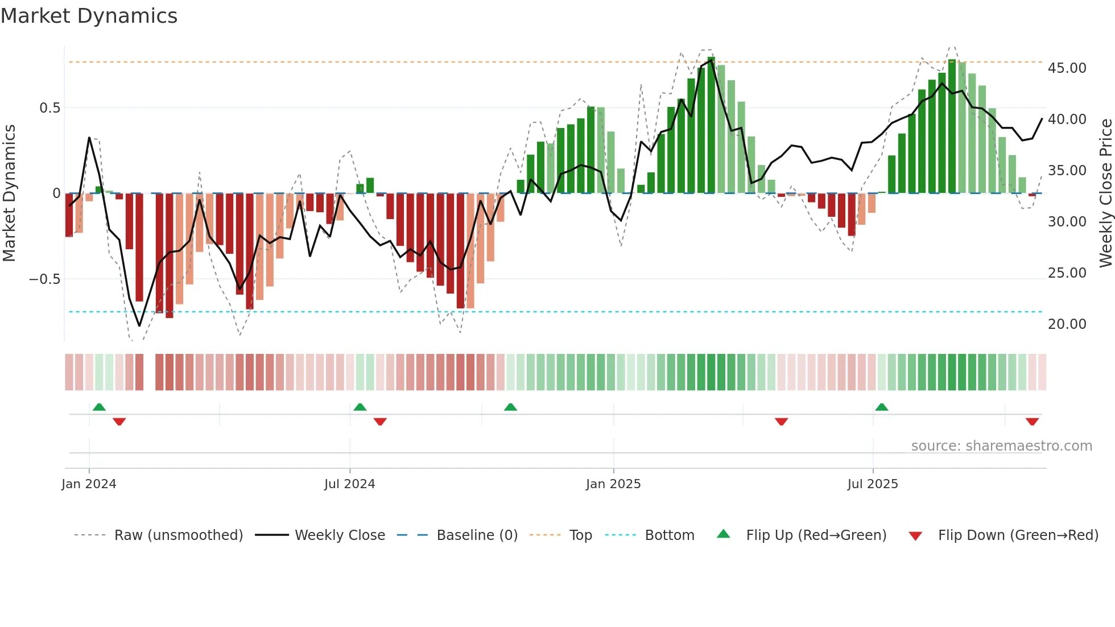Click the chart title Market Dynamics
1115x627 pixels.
coord(89,16)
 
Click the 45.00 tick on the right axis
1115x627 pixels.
coord(1067,68)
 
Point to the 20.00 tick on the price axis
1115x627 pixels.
coord(1067,324)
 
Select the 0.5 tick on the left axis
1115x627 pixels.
coord(49,108)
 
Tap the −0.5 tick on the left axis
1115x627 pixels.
coord(44,279)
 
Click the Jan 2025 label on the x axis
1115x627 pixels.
coord(613,484)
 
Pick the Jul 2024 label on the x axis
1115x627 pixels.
coord(349,484)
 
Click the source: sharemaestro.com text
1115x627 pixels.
coord(1001,446)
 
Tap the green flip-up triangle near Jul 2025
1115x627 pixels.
coord(881,407)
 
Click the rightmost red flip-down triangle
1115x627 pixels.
coord(1032,422)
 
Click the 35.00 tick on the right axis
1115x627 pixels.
coord(1067,171)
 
